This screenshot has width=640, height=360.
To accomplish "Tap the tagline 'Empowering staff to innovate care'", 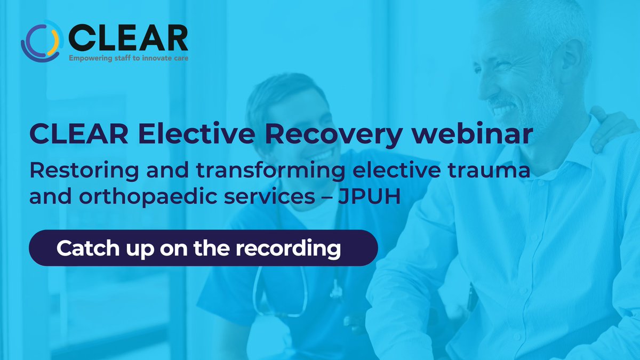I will coord(127,58).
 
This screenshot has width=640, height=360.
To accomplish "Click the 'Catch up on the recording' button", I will coord(203,248).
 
